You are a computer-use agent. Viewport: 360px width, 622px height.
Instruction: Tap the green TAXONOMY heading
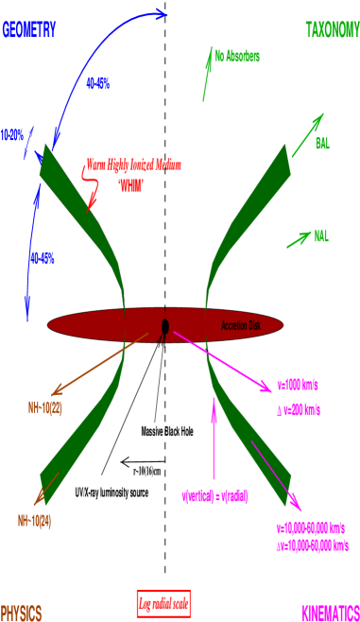(x=332, y=30)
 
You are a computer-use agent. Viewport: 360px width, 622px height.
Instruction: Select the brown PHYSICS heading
(x=21, y=613)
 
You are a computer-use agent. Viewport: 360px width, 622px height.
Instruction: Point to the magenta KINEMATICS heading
(x=330, y=613)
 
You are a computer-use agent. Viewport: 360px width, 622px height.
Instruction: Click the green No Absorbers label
(x=236, y=57)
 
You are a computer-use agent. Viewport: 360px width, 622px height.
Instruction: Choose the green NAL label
(x=321, y=235)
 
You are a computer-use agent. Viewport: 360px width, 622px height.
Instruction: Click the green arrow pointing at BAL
(x=307, y=135)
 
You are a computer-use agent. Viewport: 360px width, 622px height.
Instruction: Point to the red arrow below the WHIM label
(x=94, y=196)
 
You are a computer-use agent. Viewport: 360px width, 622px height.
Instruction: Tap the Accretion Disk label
(x=240, y=326)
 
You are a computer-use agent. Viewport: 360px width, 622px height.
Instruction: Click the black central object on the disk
(x=164, y=327)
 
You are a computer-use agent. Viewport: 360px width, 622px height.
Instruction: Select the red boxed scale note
(x=164, y=602)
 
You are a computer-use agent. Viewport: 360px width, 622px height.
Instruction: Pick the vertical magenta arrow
(x=214, y=435)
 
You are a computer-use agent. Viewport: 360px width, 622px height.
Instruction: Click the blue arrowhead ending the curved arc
(x=162, y=13)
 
